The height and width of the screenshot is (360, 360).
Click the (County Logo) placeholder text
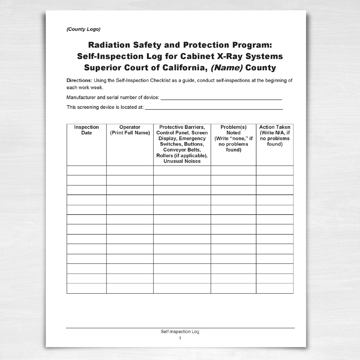[84, 29]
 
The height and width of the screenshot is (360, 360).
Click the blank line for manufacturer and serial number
[221, 98]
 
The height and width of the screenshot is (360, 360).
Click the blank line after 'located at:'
[214, 107]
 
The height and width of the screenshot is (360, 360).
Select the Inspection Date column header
[86, 130]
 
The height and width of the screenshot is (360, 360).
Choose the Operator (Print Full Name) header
[130, 130]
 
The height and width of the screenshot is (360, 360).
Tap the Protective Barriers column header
[182, 127]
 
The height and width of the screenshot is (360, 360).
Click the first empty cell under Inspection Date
[86, 170]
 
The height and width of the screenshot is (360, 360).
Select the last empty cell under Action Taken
[275, 288]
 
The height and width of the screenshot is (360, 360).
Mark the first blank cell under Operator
[130, 170]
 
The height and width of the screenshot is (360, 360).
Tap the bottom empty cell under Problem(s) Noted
[233, 288]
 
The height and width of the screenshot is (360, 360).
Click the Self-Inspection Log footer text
[180, 332]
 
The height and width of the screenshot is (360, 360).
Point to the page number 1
[180, 338]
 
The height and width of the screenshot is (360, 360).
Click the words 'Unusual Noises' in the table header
[182, 161]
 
